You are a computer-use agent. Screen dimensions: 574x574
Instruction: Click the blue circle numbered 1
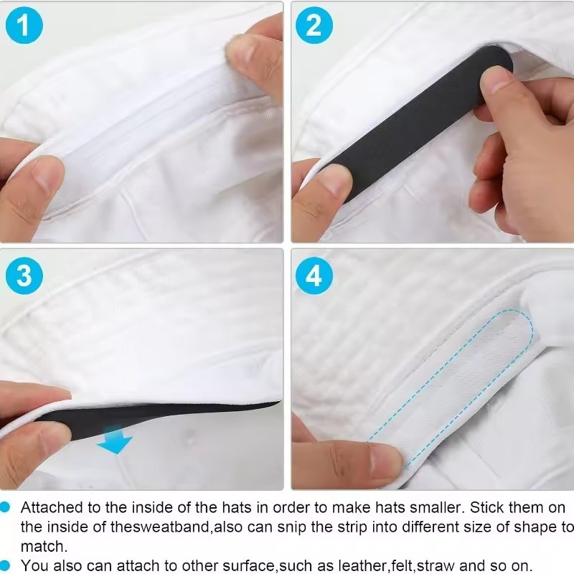(x=24, y=26)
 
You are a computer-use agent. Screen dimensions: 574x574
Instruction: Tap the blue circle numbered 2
(x=314, y=26)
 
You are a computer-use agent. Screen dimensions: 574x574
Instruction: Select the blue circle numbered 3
(x=24, y=276)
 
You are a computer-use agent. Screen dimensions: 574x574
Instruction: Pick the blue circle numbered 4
(x=314, y=276)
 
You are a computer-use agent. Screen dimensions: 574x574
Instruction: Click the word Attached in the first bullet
(x=52, y=508)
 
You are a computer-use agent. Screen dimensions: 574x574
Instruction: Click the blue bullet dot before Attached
(x=5, y=507)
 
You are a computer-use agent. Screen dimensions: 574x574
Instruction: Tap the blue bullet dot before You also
(x=5, y=565)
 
